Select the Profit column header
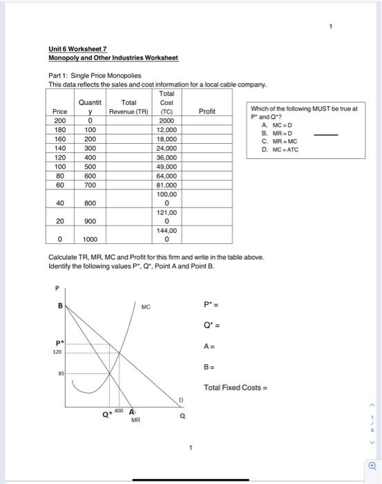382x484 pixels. click(207, 111)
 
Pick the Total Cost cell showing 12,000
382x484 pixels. click(166, 129)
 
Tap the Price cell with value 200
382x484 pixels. click(60, 120)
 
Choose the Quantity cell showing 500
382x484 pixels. click(90, 166)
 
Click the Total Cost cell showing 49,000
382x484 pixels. click(166, 166)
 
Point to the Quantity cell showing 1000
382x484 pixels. click(90, 240)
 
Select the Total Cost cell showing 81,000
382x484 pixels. click(166, 185)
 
